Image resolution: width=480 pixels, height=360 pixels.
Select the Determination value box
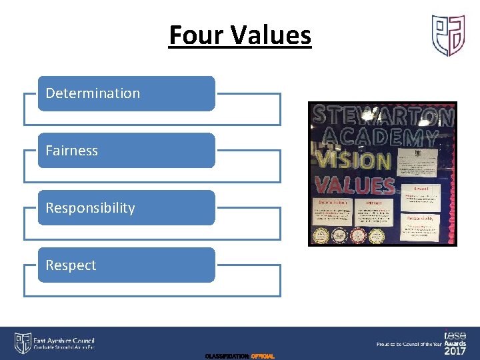pyautogui.click(x=126, y=93)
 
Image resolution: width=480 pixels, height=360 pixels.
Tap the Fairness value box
pyautogui.click(x=126, y=151)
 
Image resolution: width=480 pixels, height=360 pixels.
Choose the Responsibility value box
pyautogui.click(x=126, y=208)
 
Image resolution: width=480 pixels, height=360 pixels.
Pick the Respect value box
pyautogui.click(x=126, y=265)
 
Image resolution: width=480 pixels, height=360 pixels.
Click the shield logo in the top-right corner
pyautogui.click(x=448, y=35)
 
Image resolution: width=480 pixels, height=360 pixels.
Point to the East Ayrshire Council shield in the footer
pyautogui.click(x=23, y=343)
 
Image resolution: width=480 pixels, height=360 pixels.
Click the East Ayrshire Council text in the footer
pyautogui.click(x=65, y=340)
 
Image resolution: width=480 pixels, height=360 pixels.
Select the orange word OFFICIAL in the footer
pyautogui.click(x=263, y=357)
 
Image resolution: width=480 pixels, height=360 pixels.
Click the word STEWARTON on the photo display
pyautogui.click(x=383, y=117)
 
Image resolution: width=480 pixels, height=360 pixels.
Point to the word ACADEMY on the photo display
pyautogui.click(x=381, y=139)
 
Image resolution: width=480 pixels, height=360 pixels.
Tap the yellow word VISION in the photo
pyautogui.click(x=353, y=161)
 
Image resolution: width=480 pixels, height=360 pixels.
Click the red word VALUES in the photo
pyautogui.click(x=354, y=185)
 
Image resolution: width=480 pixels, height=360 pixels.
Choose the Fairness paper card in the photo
pyautogui.click(x=377, y=213)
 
